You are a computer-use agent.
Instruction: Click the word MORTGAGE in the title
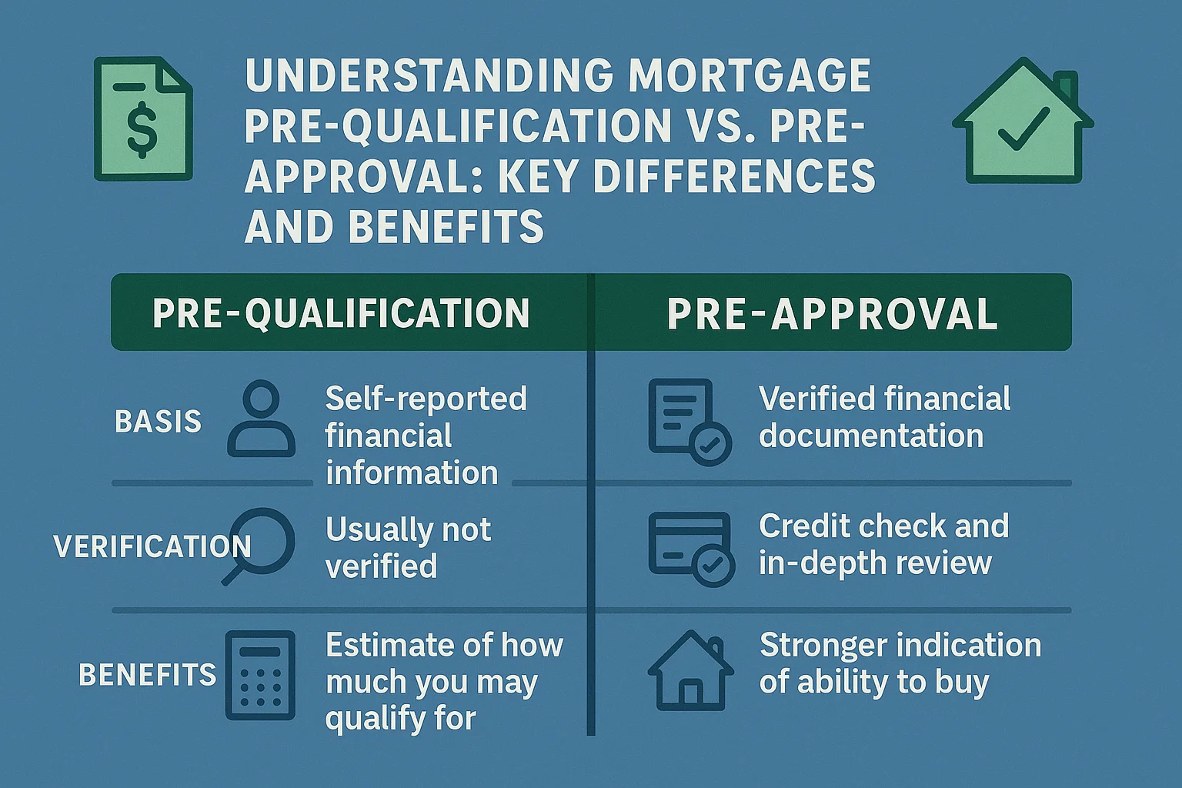coord(750,75)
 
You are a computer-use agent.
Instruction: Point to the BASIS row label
coord(158,422)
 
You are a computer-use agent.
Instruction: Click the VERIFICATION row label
coord(152,547)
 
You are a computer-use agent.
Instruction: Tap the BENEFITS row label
coord(148,675)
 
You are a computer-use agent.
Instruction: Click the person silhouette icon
coord(262,419)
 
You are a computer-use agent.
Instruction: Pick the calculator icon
coord(260,675)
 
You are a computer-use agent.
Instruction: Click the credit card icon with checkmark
coord(690,549)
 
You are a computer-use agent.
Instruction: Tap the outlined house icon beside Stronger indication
coord(689,671)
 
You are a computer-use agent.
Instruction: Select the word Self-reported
coord(426,399)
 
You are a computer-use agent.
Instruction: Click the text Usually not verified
coord(408,547)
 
